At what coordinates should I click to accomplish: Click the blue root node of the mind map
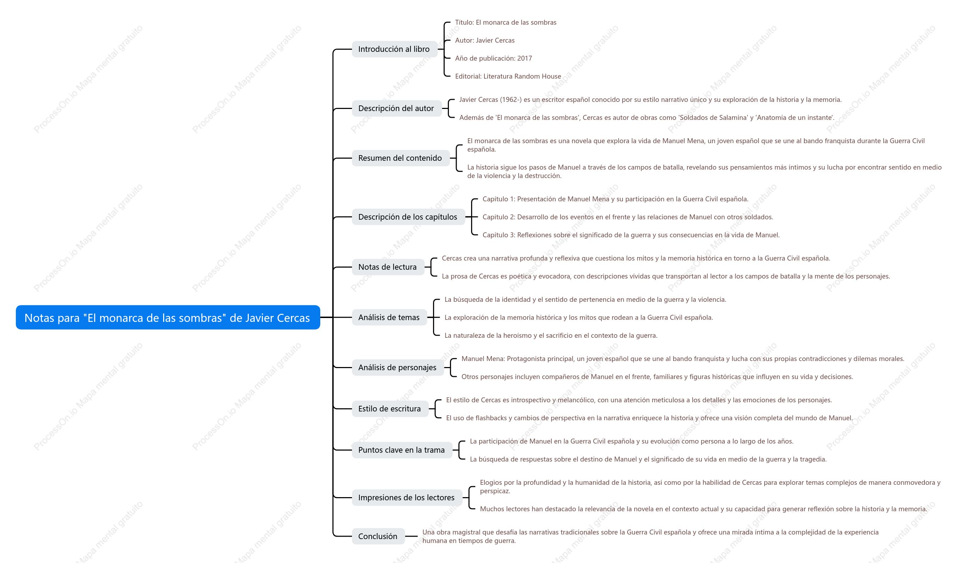tap(168, 317)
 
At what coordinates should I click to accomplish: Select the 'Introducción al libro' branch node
tap(394, 49)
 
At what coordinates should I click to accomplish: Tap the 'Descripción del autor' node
tap(397, 108)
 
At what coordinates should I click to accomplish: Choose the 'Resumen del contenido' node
tap(401, 158)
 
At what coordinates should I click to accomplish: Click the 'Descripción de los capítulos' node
tap(408, 217)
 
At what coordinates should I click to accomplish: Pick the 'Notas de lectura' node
tap(388, 267)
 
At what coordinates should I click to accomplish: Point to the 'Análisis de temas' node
tap(389, 317)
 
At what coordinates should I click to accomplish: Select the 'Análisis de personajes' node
tap(398, 367)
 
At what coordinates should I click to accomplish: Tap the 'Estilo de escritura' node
tap(390, 409)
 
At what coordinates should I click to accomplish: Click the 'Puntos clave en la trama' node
tap(402, 450)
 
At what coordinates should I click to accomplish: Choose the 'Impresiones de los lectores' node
tap(407, 497)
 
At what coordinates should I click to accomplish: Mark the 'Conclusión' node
tap(378, 536)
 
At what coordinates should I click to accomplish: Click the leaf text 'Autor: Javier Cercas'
tap(484, 40)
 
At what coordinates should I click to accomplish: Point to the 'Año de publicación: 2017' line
tap(494, 58)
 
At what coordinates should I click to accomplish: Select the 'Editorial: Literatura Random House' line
tap(508, 77)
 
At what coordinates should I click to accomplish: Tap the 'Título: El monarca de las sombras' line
tap(506, 23)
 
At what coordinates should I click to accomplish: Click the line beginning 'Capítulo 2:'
tap(628, 217)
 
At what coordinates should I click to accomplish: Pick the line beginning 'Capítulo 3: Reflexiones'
tap(631, 235)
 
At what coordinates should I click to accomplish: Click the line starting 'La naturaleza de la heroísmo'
tap(551, 335)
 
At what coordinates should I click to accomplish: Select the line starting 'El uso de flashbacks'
tap(649, 418)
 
